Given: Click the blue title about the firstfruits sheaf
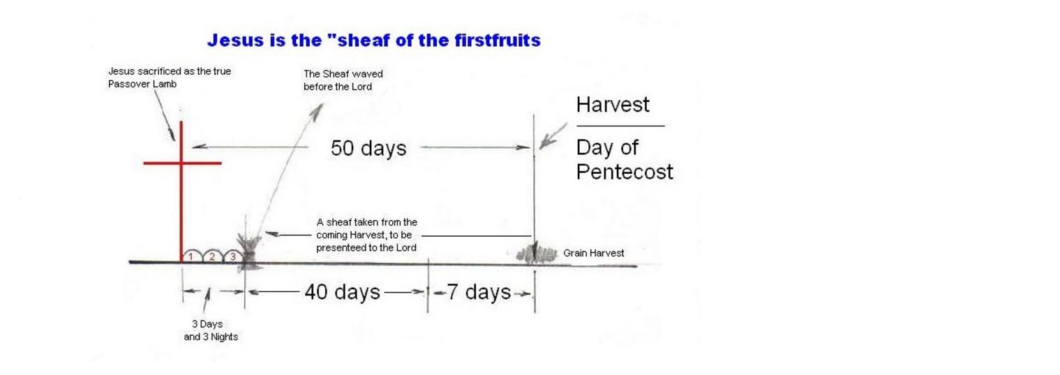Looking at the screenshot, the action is [x=374, y=41].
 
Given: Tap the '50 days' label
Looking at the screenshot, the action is [x=368, y=148].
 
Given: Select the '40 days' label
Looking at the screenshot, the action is [x=342, y=292].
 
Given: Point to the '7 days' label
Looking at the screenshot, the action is [x=479, y=292].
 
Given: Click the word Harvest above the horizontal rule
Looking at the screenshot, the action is [x=613, y=105].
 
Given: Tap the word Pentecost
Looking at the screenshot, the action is [x=625, y=172].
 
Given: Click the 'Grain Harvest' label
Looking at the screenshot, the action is [x=593, y=253].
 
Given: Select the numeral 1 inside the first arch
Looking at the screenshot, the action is [x=191, y=257].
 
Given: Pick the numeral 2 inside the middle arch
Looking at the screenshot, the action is [x=212, y=256].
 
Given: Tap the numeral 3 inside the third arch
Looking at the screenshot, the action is [x=233, y=256].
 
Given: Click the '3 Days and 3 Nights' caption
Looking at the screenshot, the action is [x=211, y=330].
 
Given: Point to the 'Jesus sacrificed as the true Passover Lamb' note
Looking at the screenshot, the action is [x=170, y=78].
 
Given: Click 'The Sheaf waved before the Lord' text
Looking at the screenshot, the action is [x=343, y=80].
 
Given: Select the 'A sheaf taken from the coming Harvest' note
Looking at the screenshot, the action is [x=367, y=235].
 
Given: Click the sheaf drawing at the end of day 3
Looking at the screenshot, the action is [x=249, y=251].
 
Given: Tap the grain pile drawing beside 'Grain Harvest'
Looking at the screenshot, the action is [x=537, y=254].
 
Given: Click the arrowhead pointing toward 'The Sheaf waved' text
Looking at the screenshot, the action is [x=318, y=110].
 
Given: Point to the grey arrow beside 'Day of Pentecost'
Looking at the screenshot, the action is [x=553, y=136].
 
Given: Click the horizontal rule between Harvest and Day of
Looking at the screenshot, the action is [x=620, y=126].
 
